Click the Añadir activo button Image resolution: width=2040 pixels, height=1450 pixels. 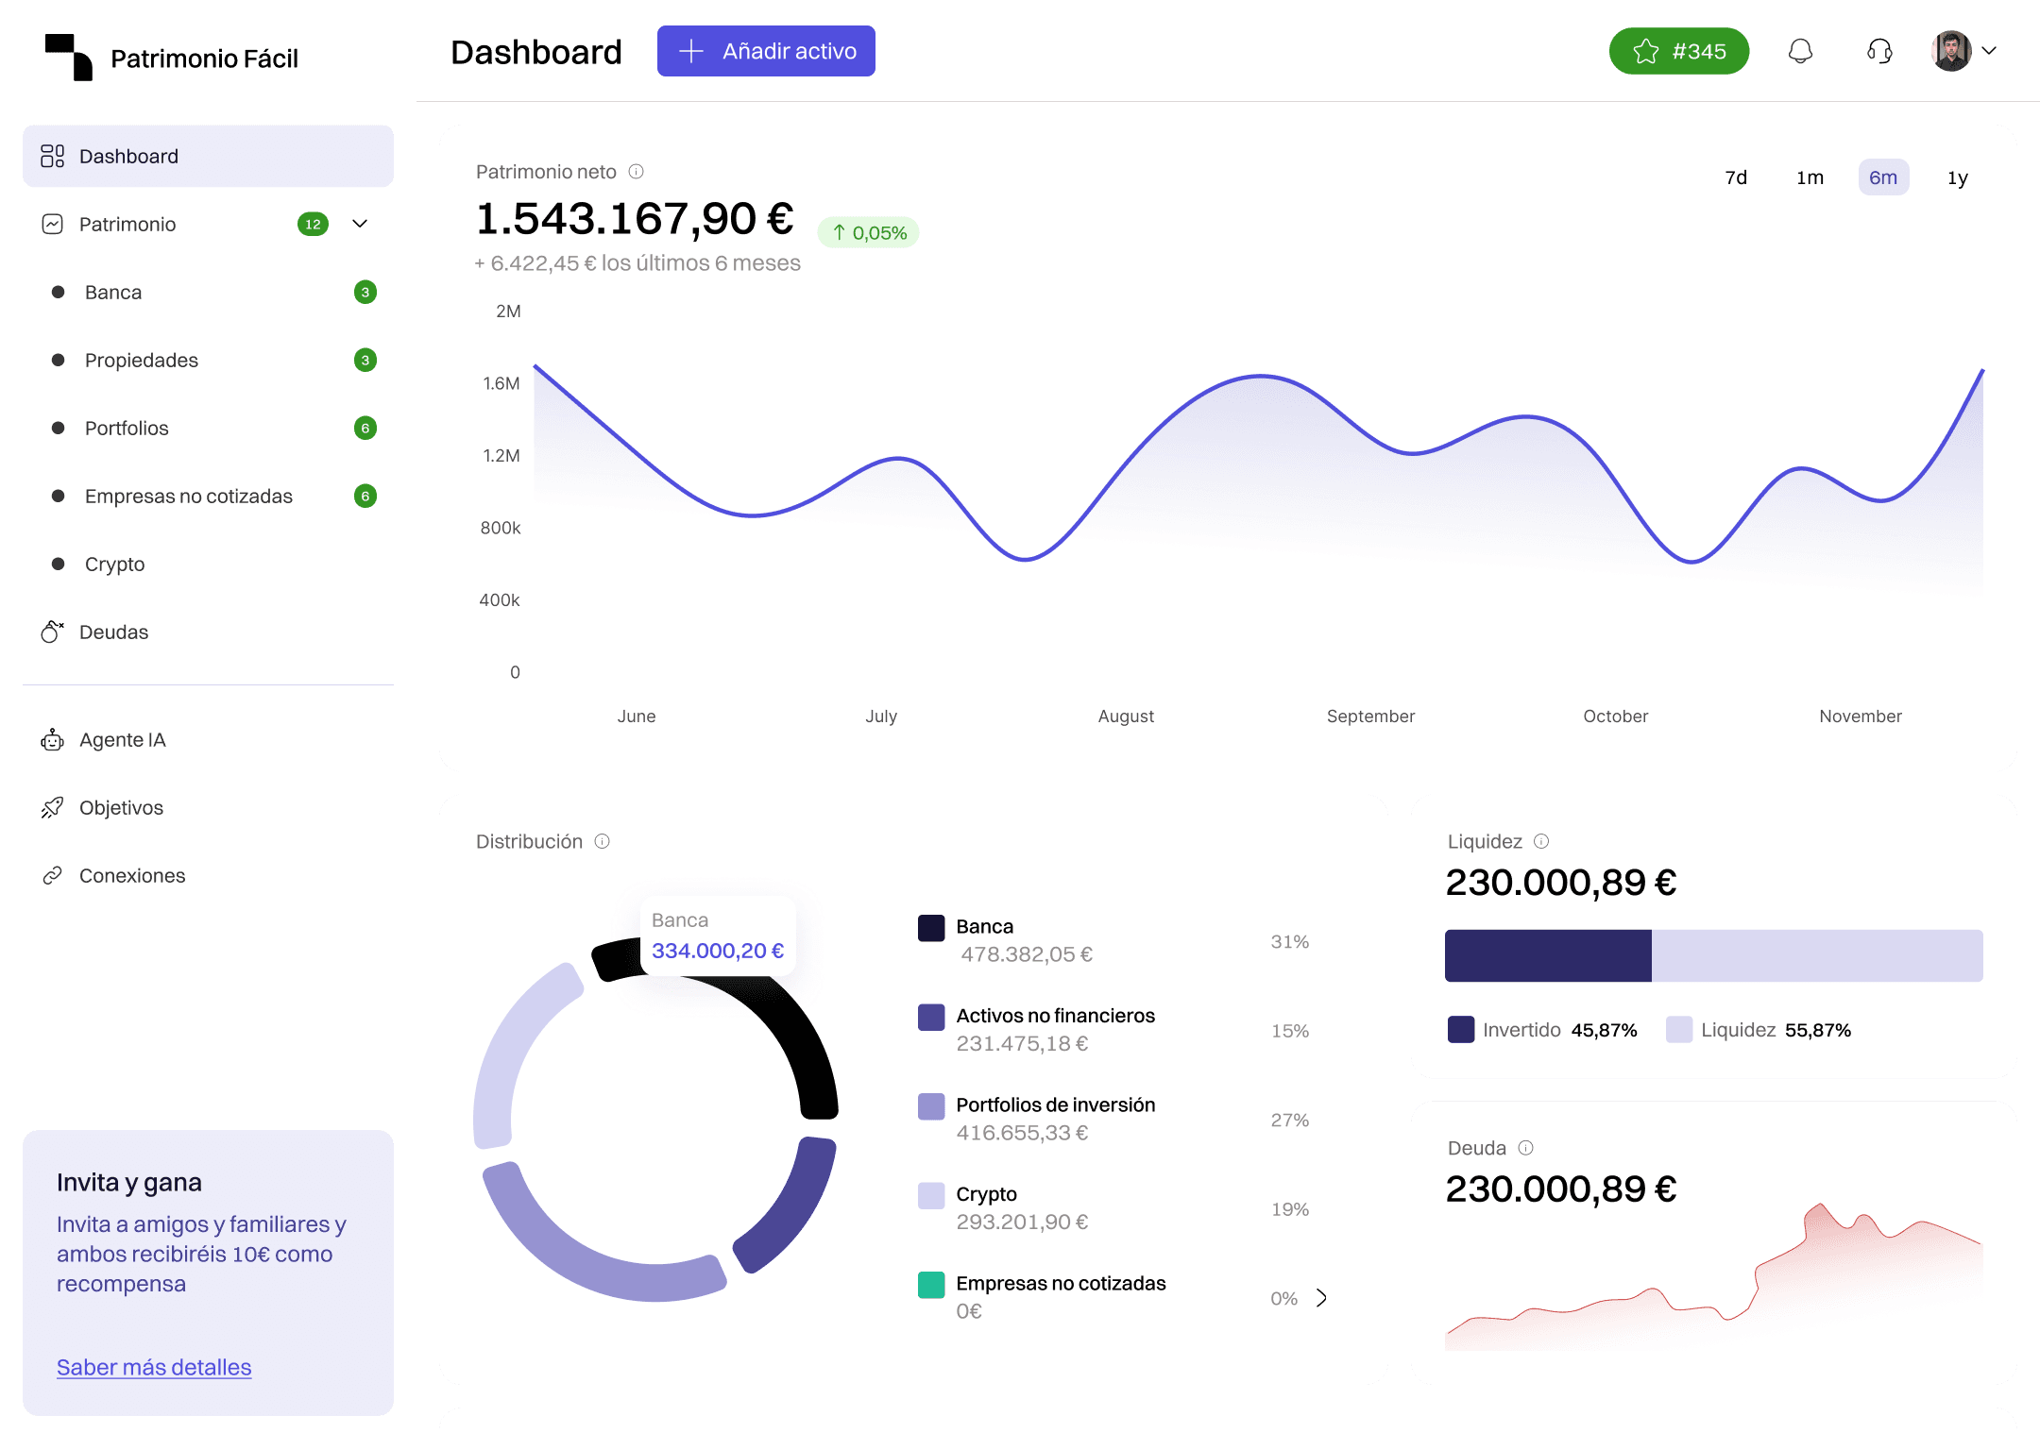(766, 51)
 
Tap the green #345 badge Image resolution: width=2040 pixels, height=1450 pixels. (1678, 51)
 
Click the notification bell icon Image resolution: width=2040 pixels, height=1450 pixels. (1800, 51)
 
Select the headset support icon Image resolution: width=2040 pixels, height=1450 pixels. (1879, 51)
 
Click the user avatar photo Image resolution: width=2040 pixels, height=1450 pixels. (1951, 51)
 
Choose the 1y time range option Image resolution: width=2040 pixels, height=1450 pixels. (1957, 177)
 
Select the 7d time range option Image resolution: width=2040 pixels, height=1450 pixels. (1736, 177)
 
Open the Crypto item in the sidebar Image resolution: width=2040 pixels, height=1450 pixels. (114, 564)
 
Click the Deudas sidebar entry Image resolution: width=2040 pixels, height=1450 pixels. (113, 632)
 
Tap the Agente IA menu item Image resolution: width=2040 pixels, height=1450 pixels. (122, 739)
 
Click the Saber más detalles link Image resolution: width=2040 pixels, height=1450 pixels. (154, 1367)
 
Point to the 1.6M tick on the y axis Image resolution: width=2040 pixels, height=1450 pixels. (501, 383)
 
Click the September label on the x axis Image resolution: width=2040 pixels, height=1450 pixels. (1370, 716)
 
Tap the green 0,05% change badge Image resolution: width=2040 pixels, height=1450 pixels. (869, 232)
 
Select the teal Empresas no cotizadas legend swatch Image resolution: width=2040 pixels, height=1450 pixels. (931, 1285)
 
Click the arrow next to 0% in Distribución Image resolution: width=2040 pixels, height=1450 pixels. (1321, 1298)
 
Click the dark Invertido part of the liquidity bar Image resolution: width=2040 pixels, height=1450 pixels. (1547, 955)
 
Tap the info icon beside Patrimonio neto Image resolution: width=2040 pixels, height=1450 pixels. (636, 172)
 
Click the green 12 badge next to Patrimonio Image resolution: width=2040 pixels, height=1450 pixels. (313, 224)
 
